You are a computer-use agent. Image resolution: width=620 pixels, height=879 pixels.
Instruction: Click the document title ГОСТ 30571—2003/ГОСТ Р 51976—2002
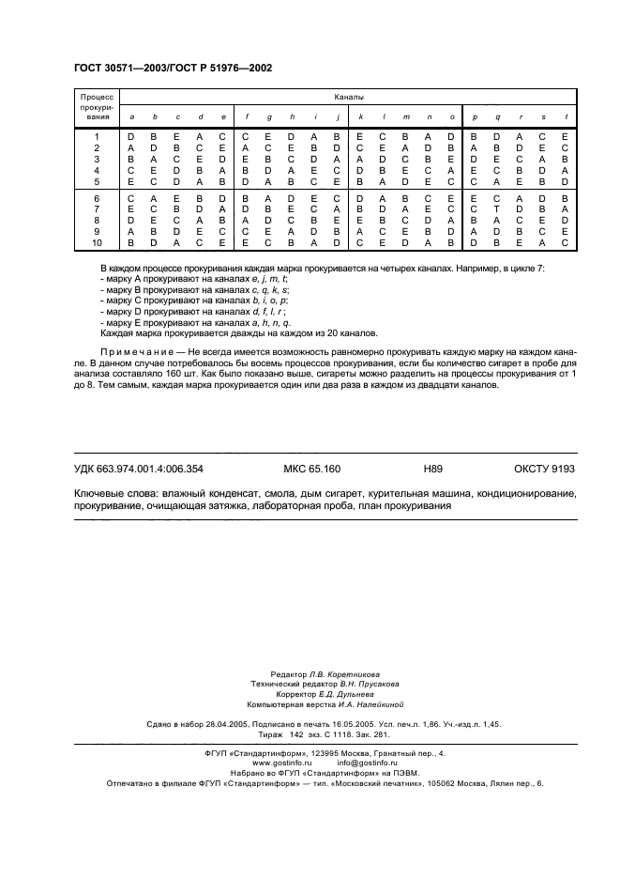[173, 69]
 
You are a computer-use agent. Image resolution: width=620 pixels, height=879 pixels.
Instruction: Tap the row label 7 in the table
[97, 208]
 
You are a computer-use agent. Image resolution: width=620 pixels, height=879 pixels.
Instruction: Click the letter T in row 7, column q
[497, 208]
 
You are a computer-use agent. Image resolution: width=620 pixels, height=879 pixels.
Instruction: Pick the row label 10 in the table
[97, 241]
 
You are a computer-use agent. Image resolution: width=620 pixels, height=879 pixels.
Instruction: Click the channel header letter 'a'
[131, 116]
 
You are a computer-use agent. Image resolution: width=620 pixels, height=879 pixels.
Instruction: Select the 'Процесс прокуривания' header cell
[97, 106]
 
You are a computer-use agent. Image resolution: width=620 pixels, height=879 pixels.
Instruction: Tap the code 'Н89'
[432, 468]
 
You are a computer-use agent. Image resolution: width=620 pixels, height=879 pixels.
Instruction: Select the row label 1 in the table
[97, 138]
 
